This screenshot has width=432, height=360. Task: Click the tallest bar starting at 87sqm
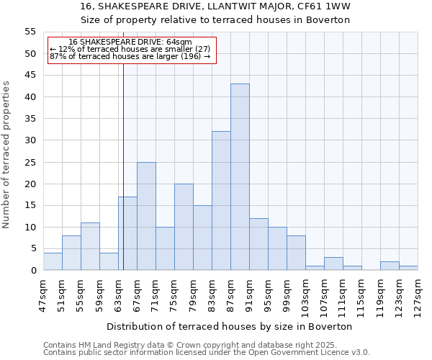(x=240, y=177)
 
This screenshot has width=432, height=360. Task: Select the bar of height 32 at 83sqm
(x=221, y=201)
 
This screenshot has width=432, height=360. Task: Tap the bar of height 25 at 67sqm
(x=146, y=216)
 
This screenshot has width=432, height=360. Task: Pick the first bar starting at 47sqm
(x=53, y=261)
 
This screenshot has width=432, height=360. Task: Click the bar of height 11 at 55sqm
(x=90, y=246)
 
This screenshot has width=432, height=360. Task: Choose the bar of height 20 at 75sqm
(x=184, y=227)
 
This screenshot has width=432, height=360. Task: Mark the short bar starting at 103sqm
(x=315, y=268)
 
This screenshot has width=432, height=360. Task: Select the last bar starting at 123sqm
(x=408, y=268)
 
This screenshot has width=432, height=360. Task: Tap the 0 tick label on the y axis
(x=33, y=271)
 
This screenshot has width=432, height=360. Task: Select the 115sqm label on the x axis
(x=361, y=292)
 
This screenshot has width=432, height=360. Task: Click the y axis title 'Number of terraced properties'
(x=6, y=154)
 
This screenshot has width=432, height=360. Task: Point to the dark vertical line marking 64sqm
(x=123, y=180)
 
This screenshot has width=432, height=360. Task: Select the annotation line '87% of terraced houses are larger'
(x=130, y=56)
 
